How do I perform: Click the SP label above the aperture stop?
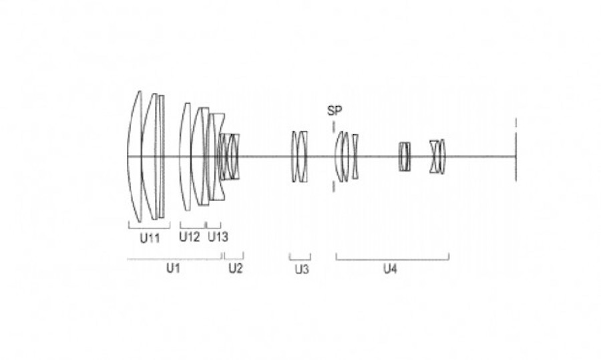335,111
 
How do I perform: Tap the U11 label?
150,238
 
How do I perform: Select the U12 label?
190,237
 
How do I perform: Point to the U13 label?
218,237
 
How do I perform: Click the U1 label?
173,268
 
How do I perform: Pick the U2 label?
236,268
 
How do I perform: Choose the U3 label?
302,270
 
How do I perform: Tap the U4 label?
390,269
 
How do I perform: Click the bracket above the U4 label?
393,260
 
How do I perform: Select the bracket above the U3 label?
300,260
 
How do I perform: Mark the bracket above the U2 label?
234,258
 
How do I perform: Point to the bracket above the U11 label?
149,228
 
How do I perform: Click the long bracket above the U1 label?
175,259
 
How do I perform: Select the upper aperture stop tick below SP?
334,127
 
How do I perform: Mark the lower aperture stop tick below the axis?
333,187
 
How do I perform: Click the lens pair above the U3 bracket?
300,156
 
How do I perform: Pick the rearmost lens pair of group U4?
437,156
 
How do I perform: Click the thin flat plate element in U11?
162,156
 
